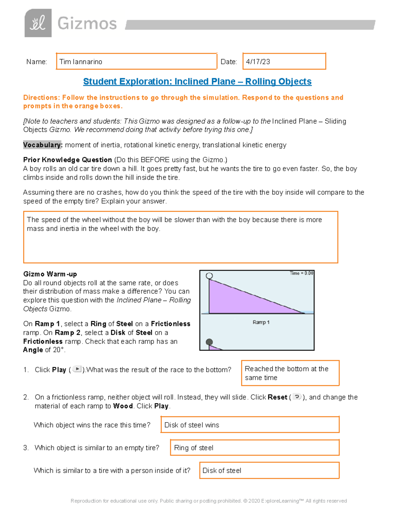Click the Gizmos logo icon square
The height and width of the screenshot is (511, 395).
point(38,23)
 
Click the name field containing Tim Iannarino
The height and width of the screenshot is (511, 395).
point(136,62)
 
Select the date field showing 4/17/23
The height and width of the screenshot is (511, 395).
point(284,62)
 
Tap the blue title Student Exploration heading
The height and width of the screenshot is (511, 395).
point(197,82)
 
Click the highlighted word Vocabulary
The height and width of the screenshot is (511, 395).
point(42,145)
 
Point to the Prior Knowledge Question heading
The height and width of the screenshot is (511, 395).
point(67,160)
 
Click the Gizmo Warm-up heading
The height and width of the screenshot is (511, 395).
point(50,274)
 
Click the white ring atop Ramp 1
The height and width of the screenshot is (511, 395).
point(209,276)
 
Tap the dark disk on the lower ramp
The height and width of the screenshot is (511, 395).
point(209,342)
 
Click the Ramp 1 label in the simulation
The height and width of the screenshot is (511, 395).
point(261,322)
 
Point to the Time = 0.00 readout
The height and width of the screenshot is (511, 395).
point(301,273)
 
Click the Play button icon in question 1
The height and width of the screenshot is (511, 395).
point(77,369)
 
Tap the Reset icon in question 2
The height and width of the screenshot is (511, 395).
point(297,397)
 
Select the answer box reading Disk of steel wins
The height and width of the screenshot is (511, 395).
point(250,425)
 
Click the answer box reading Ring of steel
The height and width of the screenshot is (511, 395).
point(254,448)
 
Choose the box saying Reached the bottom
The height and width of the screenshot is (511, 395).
point(290,373)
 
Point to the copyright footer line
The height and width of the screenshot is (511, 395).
point(209,501)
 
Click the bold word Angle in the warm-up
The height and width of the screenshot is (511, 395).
point(33,350)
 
